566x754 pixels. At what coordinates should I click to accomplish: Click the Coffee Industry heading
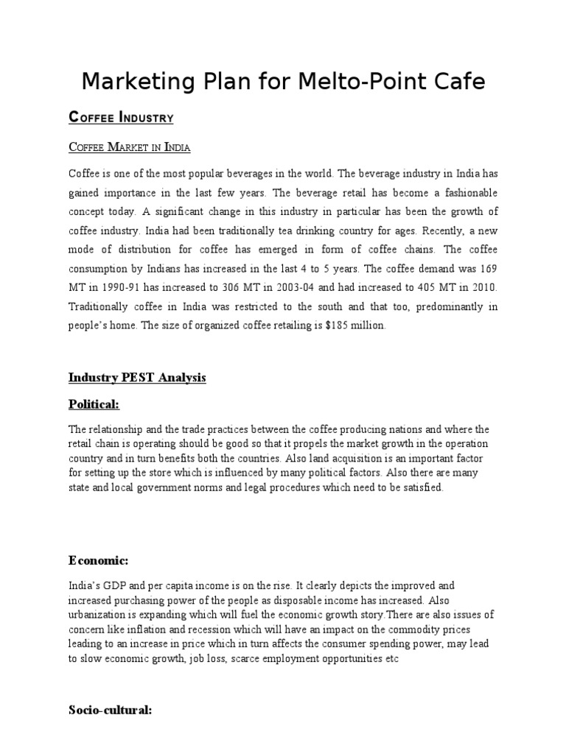[x=121, y=117]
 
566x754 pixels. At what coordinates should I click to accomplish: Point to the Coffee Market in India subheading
[x=130, y=148]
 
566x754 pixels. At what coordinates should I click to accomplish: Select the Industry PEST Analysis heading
[x=137, y=378]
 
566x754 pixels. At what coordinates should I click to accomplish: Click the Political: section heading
[x=94, y=404]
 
